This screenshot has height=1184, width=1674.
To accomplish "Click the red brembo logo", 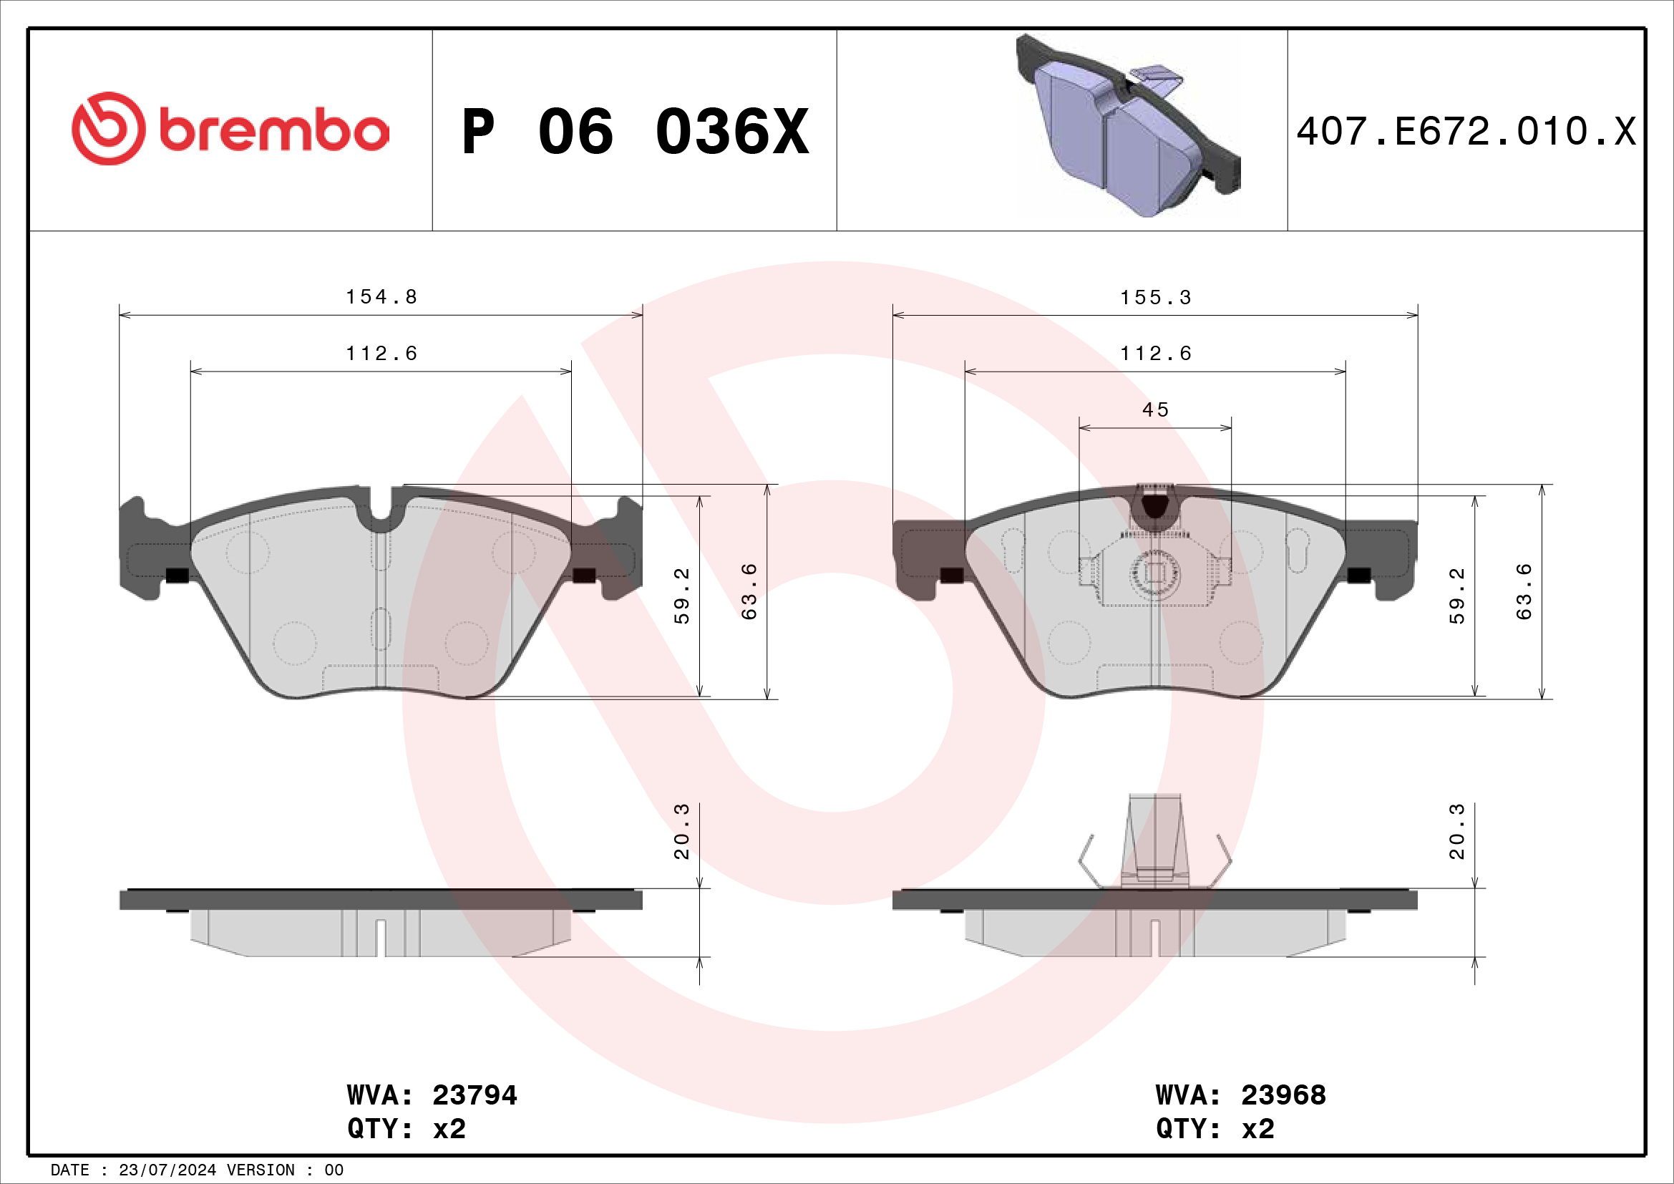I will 230,129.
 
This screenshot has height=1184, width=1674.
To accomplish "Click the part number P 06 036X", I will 635,132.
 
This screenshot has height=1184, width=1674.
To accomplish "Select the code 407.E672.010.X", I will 1466,132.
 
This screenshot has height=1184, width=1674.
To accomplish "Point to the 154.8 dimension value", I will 381,297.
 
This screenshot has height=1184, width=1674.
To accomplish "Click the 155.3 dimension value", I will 1156,298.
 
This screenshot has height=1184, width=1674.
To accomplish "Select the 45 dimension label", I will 1156,409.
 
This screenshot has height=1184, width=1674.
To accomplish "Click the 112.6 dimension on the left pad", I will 381,354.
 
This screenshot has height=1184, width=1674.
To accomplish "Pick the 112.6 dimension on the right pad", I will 1156,354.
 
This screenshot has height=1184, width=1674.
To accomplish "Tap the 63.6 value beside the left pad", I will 749,591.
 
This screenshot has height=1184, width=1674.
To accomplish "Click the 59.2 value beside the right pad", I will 1456,596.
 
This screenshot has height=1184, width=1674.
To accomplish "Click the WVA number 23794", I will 474,1095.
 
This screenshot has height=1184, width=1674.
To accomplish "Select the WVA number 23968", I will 1283,1095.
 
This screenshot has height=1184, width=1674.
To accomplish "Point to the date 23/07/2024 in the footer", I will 167,1170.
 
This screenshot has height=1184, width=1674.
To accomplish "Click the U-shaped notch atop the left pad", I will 381,510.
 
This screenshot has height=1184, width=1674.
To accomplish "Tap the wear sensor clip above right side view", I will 1155,838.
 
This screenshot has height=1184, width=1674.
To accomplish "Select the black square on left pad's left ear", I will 177,576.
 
